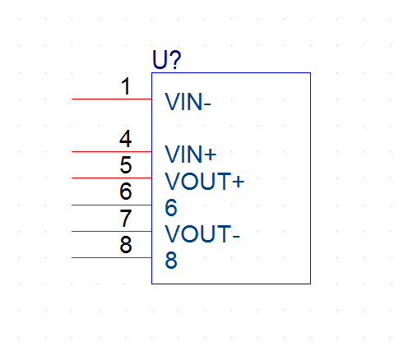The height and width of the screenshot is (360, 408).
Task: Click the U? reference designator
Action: point(167,59)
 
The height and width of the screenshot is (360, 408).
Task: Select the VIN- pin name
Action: point(188,102)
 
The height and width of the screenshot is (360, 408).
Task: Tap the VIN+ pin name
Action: point(191,155)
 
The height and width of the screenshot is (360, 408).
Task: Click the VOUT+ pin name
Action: point(204,181)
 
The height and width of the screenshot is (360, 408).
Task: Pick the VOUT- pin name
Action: point(202,233)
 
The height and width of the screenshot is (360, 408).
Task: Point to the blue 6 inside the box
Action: point(171,207)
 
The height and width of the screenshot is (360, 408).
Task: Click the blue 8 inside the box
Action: point(171,260)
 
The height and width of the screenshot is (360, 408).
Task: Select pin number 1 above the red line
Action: point(126,86)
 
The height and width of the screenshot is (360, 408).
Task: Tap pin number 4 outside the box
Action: point(126,139)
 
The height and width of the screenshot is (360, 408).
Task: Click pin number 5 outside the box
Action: point(126,165)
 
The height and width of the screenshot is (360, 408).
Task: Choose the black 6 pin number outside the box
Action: point(126,191)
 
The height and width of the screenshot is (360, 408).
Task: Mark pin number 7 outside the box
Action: point(126,218)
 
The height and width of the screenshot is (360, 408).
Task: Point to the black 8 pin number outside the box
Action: point(126,244)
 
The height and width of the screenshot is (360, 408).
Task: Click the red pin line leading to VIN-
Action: point(112,99)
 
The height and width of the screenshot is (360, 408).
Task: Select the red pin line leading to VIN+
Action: point(112,151)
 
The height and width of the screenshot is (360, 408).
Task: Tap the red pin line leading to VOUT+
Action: point(112,178)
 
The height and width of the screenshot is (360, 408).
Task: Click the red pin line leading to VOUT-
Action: point(112,231)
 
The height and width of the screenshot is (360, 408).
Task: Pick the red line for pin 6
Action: point(112,205)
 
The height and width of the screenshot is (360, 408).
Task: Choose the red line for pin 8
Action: point(112,257)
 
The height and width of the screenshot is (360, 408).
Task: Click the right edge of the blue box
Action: point(310,178)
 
